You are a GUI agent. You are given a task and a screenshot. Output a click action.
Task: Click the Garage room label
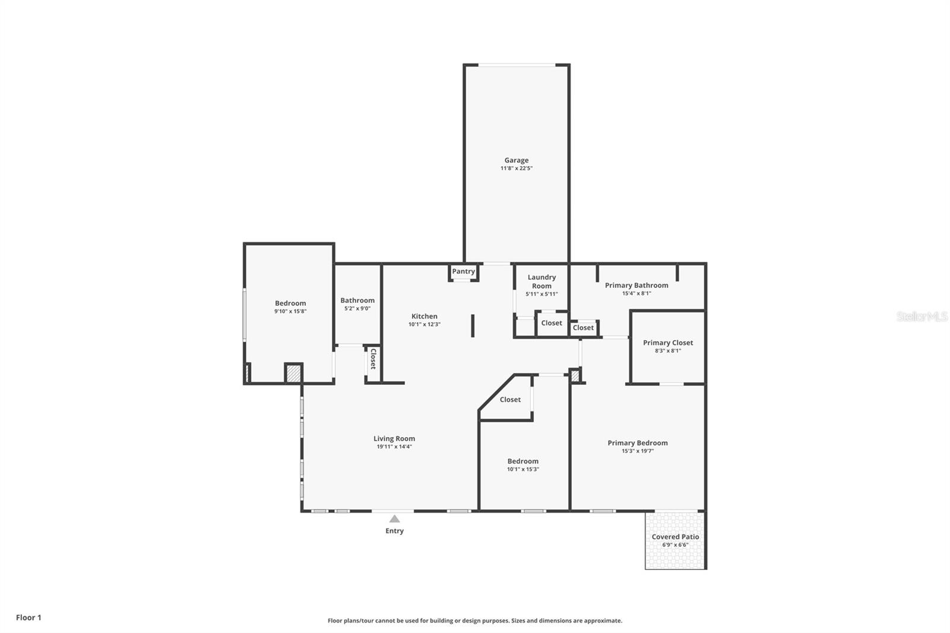tap(516, 160)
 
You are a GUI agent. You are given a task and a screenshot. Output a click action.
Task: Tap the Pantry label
tap(463, 271)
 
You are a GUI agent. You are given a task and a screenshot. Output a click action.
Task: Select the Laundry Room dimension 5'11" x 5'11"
tap(541, 294)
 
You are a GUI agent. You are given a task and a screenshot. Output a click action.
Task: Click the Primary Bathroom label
tap(636, 286)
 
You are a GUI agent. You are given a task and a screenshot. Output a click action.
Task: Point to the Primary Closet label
tap(667, 343)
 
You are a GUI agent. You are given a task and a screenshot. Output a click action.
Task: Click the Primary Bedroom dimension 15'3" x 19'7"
tap(638, 451)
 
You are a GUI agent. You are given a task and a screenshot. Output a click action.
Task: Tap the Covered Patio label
tap(675, 537)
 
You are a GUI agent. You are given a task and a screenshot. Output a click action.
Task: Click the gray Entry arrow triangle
tap(394, 519)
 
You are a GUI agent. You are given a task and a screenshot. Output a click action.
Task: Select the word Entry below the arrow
tap(394, 531)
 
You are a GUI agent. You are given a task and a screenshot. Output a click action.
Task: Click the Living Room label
tap(394, 439)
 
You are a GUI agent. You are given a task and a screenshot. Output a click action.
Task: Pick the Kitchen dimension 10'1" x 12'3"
tap(424, 325)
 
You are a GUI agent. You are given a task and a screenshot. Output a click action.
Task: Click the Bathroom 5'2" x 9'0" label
tap(357, 300)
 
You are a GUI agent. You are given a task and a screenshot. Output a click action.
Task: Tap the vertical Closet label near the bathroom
tap(373, 359)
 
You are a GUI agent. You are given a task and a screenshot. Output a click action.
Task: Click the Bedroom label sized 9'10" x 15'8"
tap(290, 303)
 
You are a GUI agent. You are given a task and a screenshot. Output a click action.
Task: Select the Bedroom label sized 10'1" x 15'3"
tap(522, 461)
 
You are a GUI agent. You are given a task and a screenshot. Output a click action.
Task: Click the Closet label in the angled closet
tap(510, 400)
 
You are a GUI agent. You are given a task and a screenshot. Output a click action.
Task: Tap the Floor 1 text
tap(28, 618)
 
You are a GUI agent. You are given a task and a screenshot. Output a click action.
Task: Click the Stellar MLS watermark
tap(921, 316)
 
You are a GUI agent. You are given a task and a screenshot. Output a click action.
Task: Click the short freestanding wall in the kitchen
tap(473, 326)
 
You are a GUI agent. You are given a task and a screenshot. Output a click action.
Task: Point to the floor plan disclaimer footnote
tap(475, 621)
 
